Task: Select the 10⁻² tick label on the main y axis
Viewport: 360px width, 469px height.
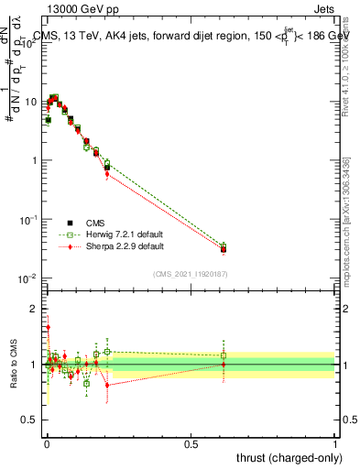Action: coord(29,278)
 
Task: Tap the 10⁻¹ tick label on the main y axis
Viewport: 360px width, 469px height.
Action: coord(29,219)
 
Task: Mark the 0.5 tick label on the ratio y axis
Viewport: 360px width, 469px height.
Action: coord(32,420)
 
